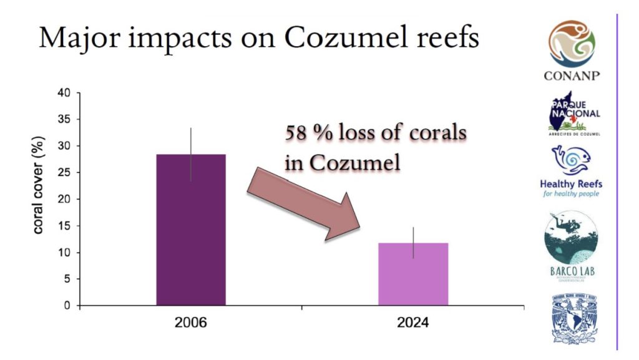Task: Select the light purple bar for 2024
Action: click(x=413, y=274)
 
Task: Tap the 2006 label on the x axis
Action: click(x=190, y=324)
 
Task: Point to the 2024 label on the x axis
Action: click(x=413, y=324)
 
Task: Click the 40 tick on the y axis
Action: click(x=64, y=93)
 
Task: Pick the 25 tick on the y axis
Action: click(x=64, y=173)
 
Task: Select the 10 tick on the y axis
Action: click(x=64, y=253)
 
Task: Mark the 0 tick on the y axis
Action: click(x=67, y=306)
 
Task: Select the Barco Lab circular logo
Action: click(x=570, y=244)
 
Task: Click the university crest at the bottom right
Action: click(x=571, y=318)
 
